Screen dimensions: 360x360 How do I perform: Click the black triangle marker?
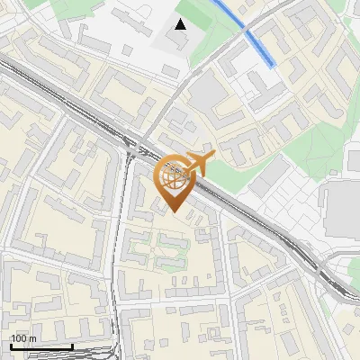181,24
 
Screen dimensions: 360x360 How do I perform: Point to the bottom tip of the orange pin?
175,212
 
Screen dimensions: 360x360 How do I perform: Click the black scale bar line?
41,346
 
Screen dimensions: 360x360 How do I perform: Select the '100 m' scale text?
23,338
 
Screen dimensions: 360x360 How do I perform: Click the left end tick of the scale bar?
11,345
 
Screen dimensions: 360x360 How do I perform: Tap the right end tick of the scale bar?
72,345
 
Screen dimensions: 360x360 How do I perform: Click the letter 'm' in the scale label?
32,338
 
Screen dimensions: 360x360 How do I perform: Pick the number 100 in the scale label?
19,338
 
